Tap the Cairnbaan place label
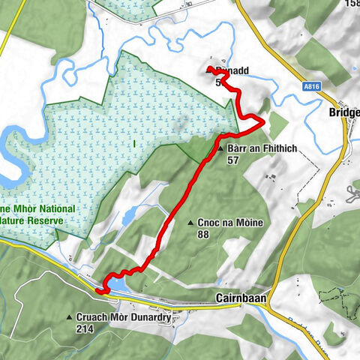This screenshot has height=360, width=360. pos(238,297)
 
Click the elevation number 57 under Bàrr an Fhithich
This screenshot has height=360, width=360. pos(233,160)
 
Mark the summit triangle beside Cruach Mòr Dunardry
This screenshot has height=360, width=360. pos(69,317)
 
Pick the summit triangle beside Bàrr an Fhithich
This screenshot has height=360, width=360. pos(220,149)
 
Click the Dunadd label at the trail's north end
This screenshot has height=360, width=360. pos(232,72)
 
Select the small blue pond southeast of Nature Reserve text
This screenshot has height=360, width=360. pos(127,217)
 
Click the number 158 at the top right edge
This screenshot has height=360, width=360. pos(351,4)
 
